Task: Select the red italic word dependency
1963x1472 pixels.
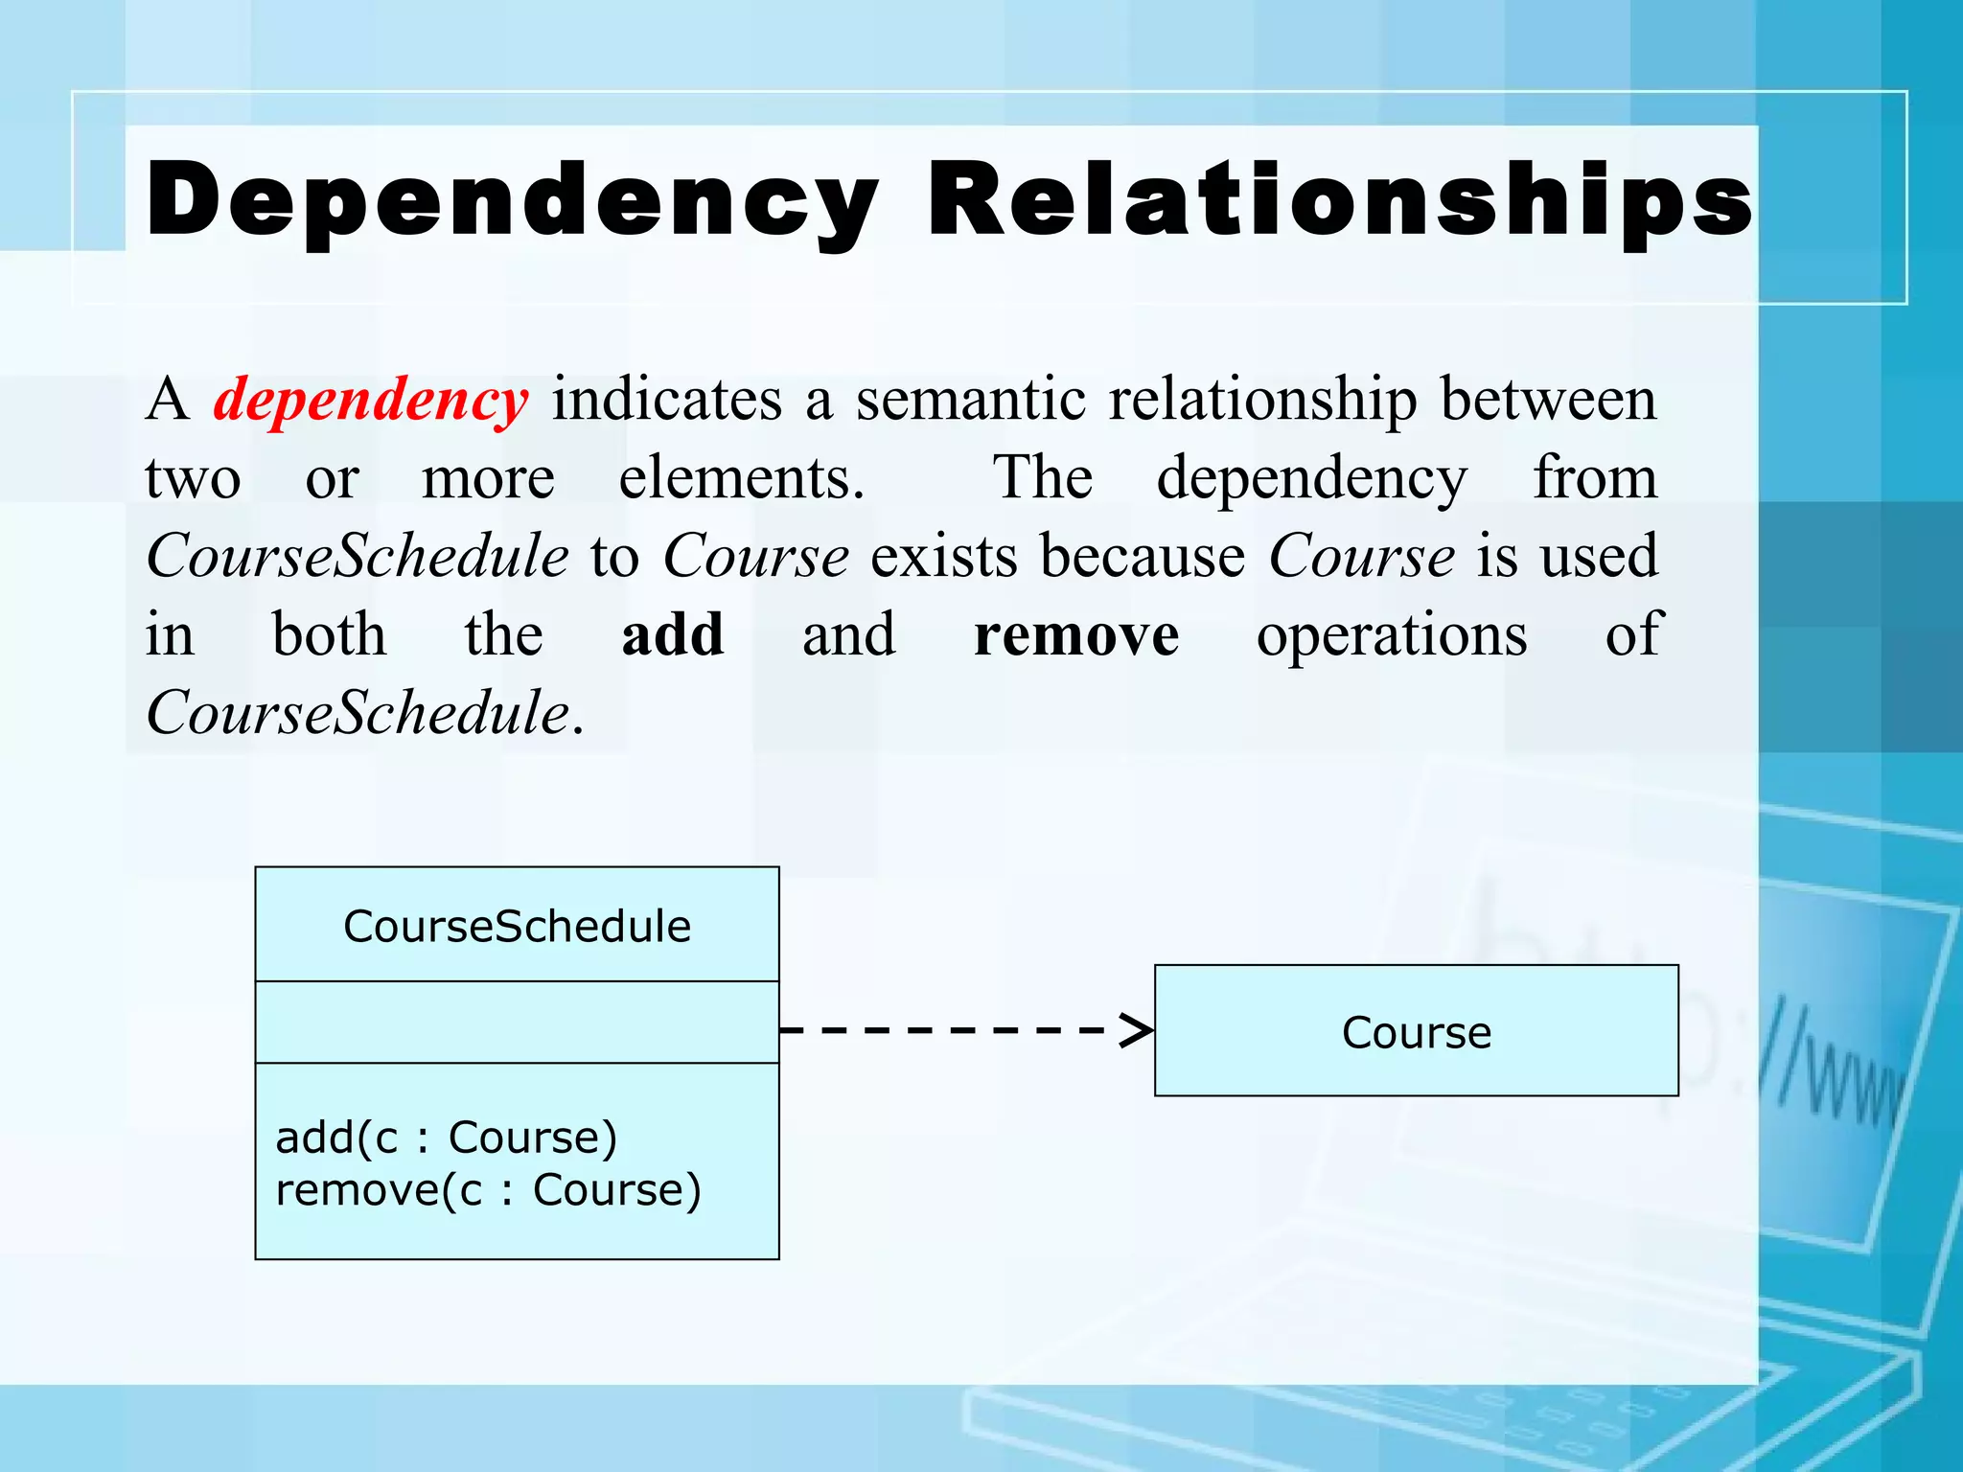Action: click(x=370, y=399)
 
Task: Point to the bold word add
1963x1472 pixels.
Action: click(x=673, y=634)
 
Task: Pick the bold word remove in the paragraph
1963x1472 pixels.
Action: click(x=1076, y=634)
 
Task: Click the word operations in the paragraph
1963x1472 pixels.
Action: click(x=1392, y=634)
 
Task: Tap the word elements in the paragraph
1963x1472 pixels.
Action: click(x=741, y=477)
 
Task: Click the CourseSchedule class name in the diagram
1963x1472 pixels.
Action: click(x=517, y=926)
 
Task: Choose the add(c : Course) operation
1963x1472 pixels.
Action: click(x=446, y=1138)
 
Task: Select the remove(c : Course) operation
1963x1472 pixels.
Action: click(x=488, y=1190)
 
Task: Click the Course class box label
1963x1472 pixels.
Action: click(x=1416, y=1032)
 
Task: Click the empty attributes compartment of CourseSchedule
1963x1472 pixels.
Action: click(x=517, y=1022)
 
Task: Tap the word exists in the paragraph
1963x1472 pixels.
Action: click(x=943, y=556)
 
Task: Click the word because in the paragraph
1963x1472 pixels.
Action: click(x=1143, y=556)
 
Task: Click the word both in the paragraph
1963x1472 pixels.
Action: click(x=330, y=634)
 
